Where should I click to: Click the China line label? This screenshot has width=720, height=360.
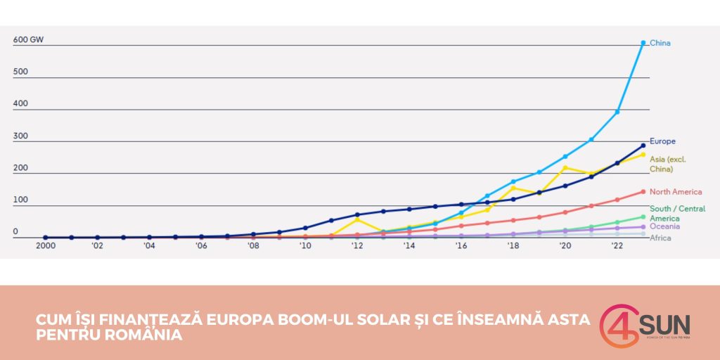click(660, 43)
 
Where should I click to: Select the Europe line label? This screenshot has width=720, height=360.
click(662, 141)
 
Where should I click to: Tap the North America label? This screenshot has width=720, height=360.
click(676, 192)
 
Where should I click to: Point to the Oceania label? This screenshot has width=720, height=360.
click(664, 226)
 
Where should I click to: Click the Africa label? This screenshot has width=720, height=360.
click(660, 238)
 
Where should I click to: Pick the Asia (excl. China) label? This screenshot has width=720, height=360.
click(667, 164)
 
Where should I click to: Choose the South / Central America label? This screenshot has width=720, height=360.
click(677, 213)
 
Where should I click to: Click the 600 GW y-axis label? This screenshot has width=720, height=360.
click(28, 40)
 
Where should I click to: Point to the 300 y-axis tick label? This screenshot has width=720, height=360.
click(20, 136)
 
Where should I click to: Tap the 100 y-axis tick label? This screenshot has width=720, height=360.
click(20, 200)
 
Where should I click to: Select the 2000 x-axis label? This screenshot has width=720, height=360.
click(45, 245)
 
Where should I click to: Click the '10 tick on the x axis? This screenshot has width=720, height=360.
click(305, 245)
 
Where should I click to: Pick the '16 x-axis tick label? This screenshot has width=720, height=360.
click(461, 245)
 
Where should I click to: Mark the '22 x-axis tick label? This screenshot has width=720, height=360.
click(617, 245)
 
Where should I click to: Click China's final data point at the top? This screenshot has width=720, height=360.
click(643, 43)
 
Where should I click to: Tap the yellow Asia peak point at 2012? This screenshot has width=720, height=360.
click(357, 219)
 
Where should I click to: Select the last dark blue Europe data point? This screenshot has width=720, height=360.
click(643, 146)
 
